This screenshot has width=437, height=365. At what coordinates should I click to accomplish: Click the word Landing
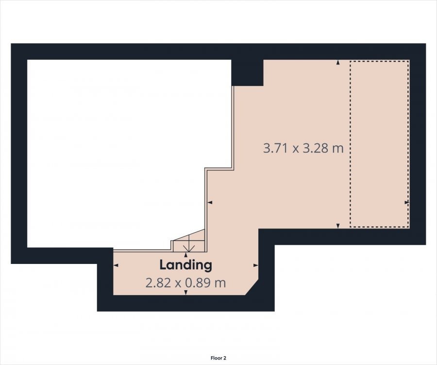click(185, 265)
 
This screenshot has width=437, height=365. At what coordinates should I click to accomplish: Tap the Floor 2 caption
click(218, 358)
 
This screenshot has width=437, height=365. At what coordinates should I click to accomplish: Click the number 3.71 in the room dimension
click(276, 148)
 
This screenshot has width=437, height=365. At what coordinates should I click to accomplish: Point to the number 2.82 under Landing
click(158, 283)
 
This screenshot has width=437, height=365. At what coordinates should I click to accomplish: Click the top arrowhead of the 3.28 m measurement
click(338, 63)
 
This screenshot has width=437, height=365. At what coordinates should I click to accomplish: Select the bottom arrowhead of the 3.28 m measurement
click(338, 226)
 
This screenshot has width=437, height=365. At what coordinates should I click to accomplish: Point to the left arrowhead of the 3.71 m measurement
click(210, 202)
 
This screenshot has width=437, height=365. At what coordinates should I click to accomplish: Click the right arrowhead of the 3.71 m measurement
click(407, 202)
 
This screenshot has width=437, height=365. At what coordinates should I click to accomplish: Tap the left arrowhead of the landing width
click(116, 265)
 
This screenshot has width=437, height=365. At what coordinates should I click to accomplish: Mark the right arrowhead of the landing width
click(256, 265)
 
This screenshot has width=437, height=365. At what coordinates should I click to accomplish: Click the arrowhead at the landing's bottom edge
click(186, 292)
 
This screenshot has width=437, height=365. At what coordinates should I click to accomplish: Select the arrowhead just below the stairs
click(186, 255)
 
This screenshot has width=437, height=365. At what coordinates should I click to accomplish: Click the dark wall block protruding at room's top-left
click(248, 72)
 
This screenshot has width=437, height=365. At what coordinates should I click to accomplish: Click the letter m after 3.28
click(338, 149)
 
